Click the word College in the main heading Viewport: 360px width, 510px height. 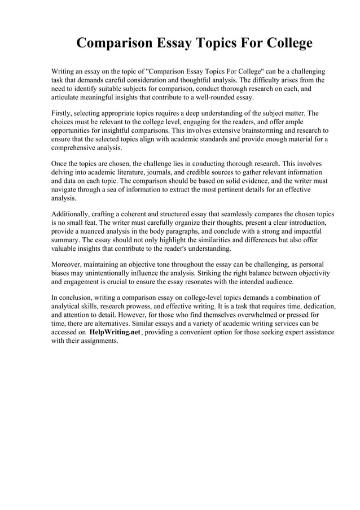[280, 43]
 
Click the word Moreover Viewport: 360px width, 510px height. [67, 264]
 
